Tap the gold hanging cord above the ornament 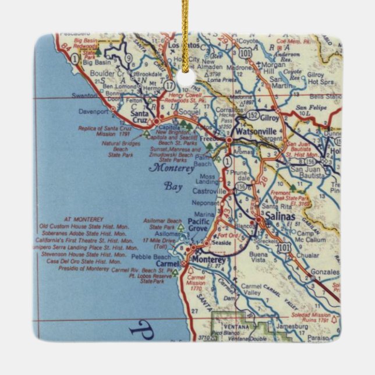tap(186, 17)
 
